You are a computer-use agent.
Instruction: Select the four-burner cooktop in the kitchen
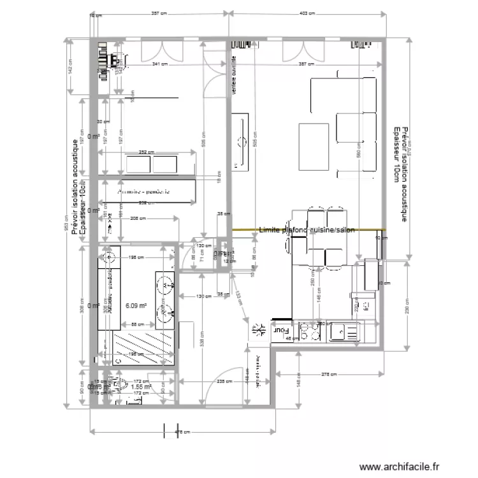coord(310,331)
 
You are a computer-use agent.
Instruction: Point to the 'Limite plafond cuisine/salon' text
coord(307,229)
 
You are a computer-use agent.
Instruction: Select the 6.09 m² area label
coord(136,306)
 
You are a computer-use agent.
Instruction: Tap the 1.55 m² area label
coord(140,386)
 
